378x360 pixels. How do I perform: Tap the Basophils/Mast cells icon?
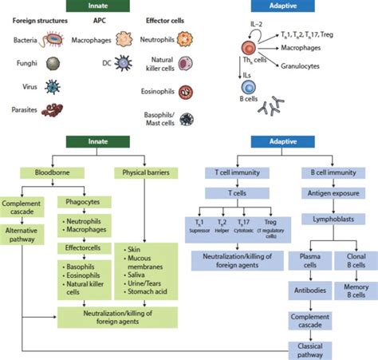point(187,119)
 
